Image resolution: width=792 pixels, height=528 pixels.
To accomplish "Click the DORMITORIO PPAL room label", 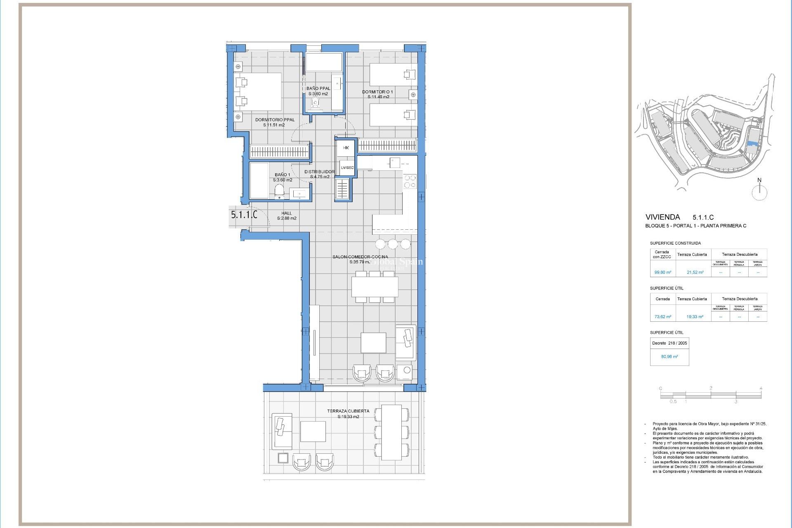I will (275, 120).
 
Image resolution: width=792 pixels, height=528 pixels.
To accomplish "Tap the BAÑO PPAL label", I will (318, 88).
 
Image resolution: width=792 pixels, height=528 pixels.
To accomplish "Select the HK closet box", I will (346, 148).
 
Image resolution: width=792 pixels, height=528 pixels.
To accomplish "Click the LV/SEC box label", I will (347, 167).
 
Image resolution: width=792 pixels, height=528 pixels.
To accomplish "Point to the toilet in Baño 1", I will (279, 191).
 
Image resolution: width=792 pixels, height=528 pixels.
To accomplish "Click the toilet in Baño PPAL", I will (316, 103).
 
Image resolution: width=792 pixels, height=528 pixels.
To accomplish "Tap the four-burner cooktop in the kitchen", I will (410, 181).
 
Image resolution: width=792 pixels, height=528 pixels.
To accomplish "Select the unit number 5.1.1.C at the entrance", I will (244, 215).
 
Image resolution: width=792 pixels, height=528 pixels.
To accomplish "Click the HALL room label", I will (286, 213).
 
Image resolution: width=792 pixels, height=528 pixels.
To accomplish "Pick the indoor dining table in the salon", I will (375, 287).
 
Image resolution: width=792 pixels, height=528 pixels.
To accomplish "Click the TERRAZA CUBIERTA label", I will (348, 411).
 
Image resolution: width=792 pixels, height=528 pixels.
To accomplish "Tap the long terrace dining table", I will (391, 432).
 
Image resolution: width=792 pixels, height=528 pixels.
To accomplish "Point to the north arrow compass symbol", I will (759, 191).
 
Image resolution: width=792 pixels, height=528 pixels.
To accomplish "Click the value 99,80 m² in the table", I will (662, 272).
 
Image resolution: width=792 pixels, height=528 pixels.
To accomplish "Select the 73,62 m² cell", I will (662, 317).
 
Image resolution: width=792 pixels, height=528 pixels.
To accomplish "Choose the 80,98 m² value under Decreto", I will (669, 356).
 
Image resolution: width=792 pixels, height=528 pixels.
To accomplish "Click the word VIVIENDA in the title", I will (662, 217).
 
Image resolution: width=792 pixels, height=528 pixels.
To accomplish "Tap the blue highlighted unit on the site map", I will (752, 144).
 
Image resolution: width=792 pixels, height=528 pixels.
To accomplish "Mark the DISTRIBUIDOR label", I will (319, 172).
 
